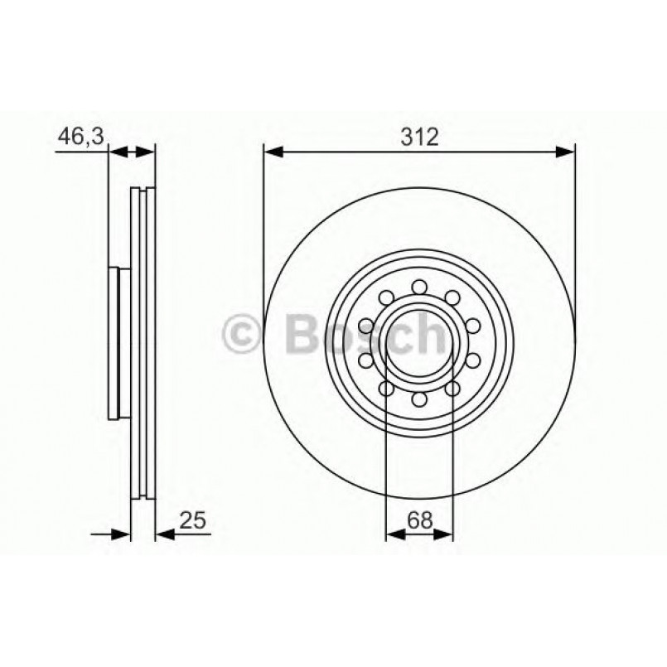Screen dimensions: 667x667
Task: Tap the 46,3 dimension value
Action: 80,138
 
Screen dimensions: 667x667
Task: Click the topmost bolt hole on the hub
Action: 419,287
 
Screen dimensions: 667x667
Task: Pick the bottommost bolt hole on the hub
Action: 419,401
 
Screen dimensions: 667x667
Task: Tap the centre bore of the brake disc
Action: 419,344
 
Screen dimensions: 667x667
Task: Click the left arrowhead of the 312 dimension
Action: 273,152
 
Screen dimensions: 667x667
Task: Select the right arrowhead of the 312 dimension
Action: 564,152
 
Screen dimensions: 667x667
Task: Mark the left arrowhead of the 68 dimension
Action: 394,534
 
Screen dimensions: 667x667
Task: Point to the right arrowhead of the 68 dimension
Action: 444,534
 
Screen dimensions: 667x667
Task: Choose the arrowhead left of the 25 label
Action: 164,534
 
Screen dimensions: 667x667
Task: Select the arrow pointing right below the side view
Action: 120,534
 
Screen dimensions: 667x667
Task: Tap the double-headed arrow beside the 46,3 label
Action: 132,152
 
